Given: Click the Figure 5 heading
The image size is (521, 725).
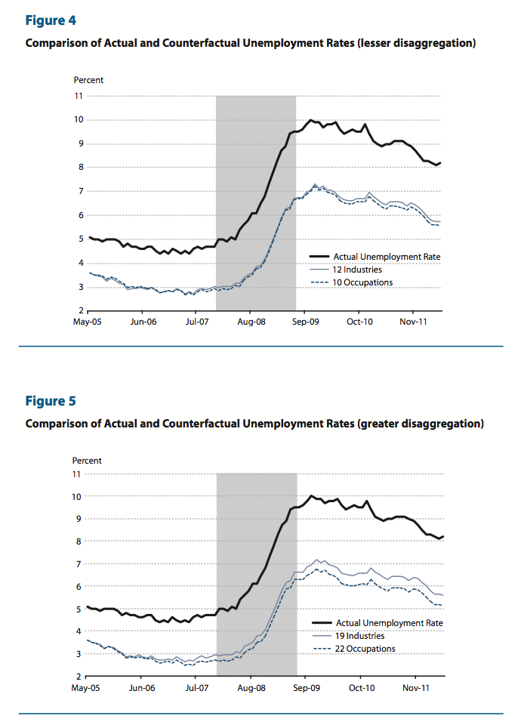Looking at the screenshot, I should [x=51, y=400].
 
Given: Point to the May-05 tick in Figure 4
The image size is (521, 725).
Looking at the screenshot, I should [x=88, y=321].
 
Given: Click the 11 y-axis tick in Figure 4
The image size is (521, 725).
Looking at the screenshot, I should [x=78, y=96].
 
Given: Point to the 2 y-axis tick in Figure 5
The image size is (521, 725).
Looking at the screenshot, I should [x=78, y=676].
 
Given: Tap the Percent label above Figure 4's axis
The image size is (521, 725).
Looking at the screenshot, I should [x=88, y=80].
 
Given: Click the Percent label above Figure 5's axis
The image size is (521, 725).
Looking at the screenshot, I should [x=88, y=460].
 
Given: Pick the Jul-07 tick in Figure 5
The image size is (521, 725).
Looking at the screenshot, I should [x=196, y=689].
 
